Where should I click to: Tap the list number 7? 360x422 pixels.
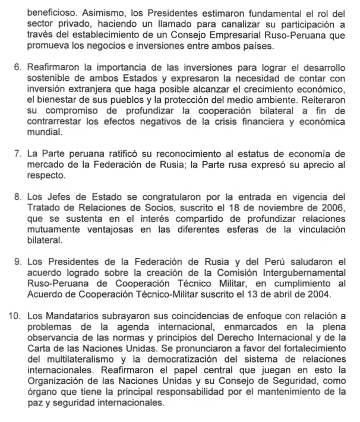point(17,155)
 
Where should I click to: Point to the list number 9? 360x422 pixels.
point(17,262)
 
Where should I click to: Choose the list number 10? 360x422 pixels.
point(14,315)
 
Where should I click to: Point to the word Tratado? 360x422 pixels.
point(46,208)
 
